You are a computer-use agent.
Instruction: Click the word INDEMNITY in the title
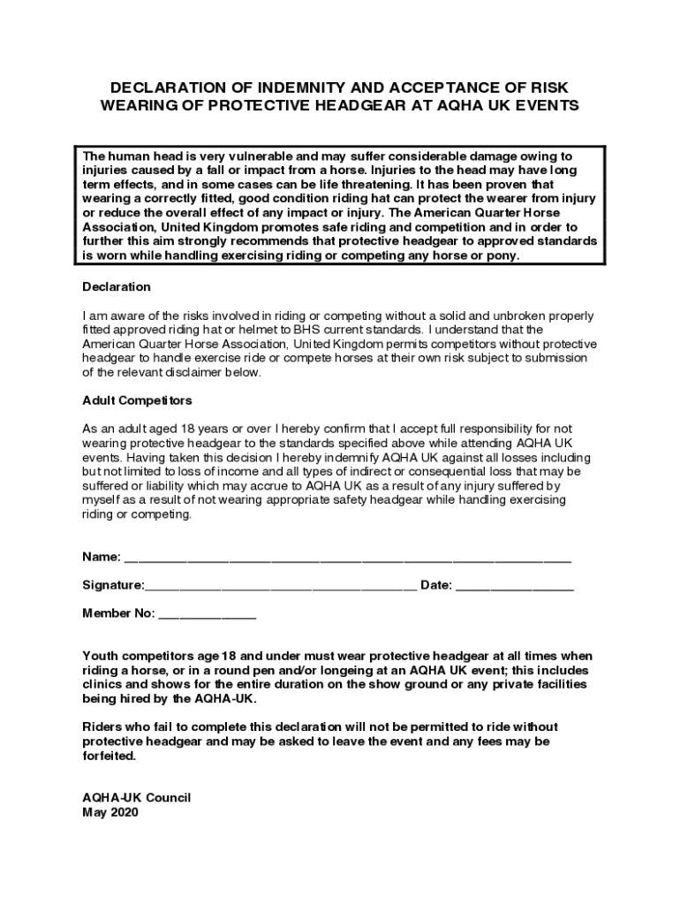pos(283,87)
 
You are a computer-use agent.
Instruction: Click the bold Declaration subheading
pos(117,287)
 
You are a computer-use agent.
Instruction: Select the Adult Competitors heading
pos(137,400)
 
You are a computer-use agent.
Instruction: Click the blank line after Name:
pos(347,559)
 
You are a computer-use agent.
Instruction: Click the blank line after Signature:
pos(281,587)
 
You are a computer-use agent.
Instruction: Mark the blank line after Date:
pos(515,587)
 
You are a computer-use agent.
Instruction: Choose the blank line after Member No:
pos(208,615)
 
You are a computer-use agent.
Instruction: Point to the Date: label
pos(436,585)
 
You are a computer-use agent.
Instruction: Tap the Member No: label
pos(119,613)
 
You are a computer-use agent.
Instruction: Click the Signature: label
pos(113,585)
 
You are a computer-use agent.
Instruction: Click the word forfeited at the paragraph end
pos(110,757)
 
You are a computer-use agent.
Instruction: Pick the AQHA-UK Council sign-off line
pos(137,798)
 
